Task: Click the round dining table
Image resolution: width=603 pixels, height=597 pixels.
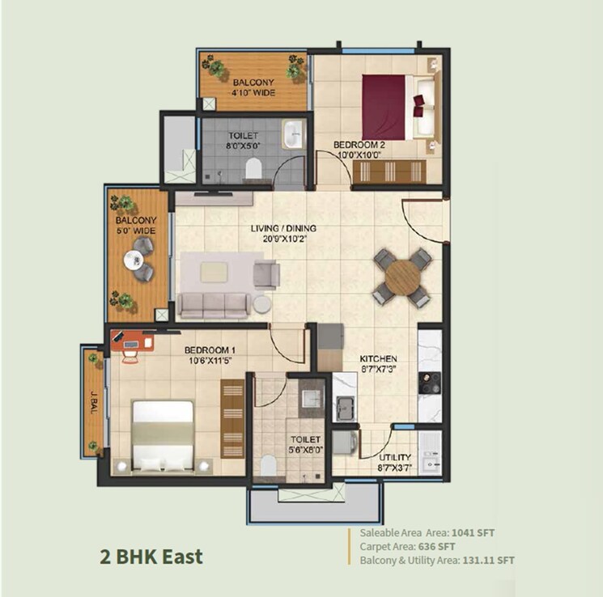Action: [x=402, y=277]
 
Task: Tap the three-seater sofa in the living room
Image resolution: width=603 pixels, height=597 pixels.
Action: [x=213, y=304]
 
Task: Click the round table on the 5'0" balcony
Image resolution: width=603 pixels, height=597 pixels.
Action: [x=134, y=260]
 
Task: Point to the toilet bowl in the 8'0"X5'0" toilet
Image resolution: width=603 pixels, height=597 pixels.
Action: [x=253, y=167]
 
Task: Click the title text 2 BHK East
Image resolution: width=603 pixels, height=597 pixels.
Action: [x=151, y=557]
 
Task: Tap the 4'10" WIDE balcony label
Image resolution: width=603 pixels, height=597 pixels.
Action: [x=253, y=87]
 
